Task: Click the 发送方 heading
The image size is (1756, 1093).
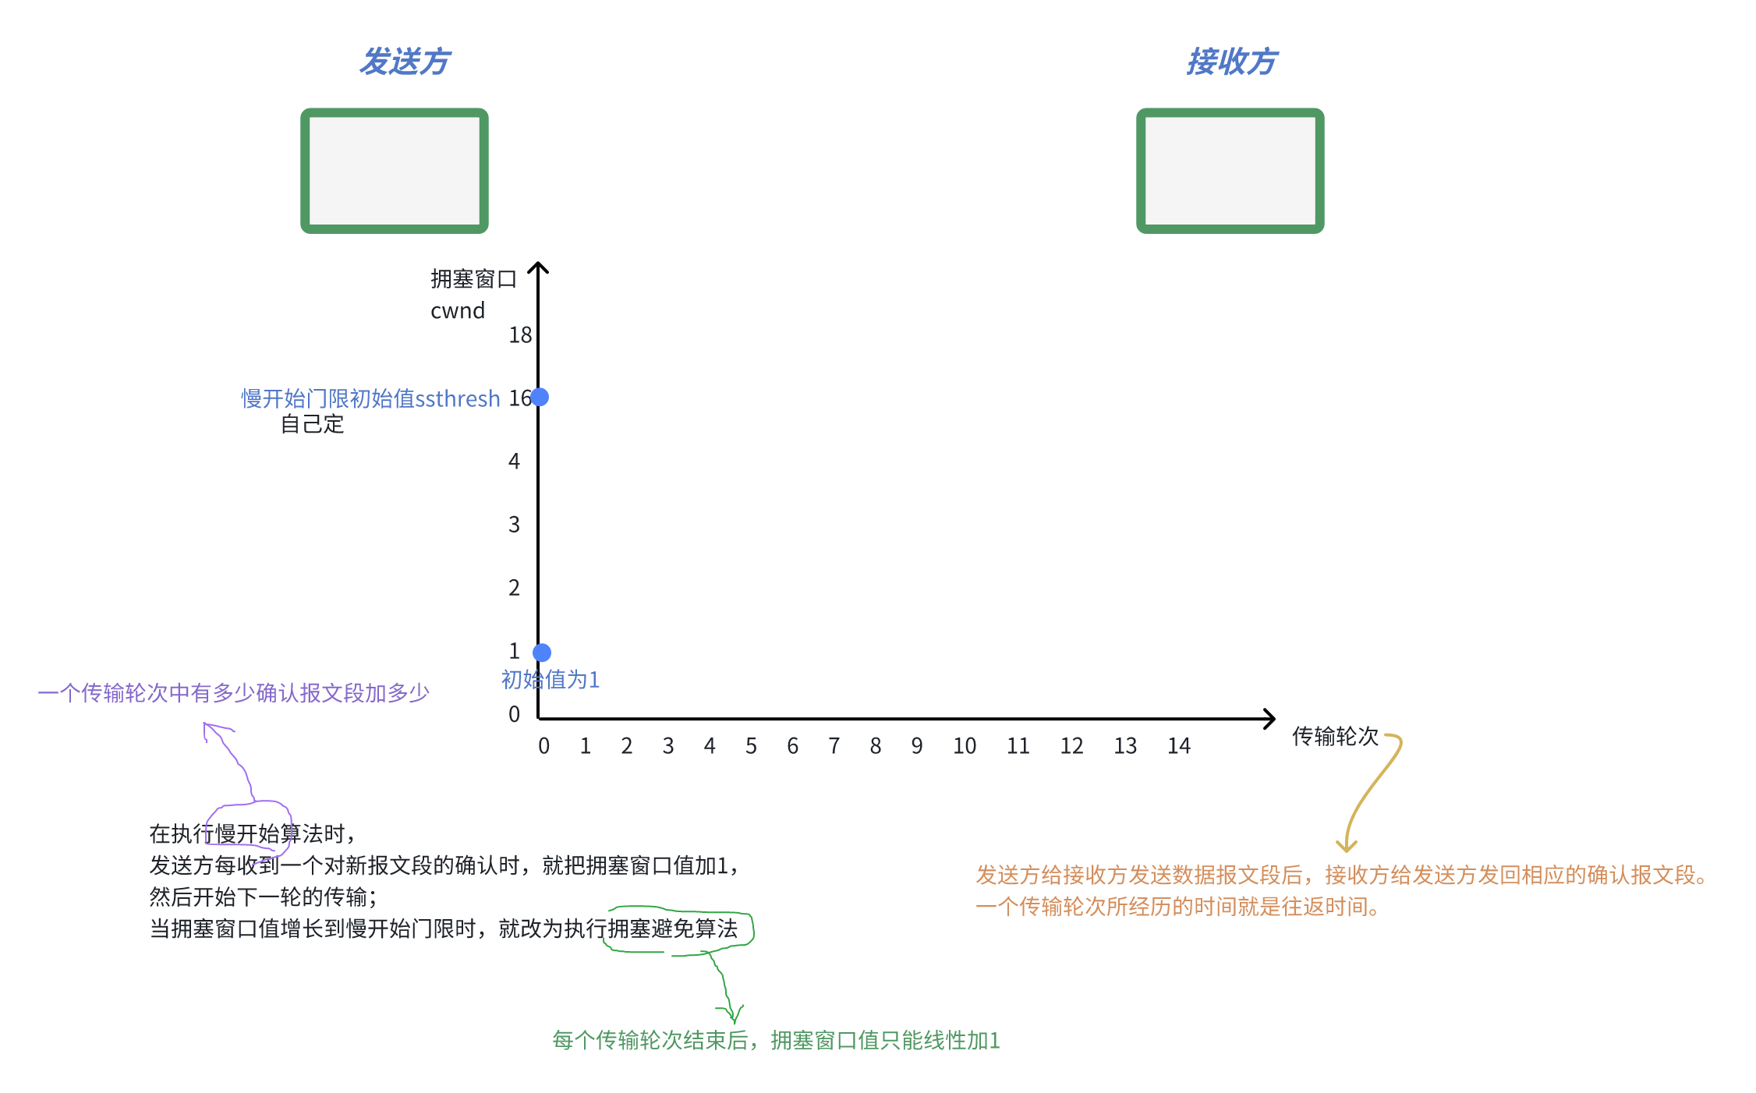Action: [x=405, y=62]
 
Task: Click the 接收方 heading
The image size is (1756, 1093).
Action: [x=1231, y=62]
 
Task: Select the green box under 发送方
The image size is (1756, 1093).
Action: [x=395, y=171]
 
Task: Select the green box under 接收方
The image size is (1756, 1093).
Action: [x=1230, y=171]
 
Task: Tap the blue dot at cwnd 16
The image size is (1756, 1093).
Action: [x=540, y=398]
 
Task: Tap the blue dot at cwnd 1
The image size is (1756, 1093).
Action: [x=542, y=653]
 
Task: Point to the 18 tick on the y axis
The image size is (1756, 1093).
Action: [x=520, y=335]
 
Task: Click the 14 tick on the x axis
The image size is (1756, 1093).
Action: [x=1178, y=747]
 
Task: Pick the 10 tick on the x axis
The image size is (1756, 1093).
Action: [x=964, y=747]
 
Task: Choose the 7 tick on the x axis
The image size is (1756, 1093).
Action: [x=834, y=747]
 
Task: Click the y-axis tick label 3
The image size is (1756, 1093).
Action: [x=514, y=525]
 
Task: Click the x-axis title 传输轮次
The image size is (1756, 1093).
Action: [x=1334, y=737]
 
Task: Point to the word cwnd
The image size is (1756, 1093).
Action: [x=458, y=311]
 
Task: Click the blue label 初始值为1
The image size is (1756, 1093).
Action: [x=551, y=680]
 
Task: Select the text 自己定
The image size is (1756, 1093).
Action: [x=312, y=424]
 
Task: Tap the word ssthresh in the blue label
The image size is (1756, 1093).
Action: [x=458, y=399]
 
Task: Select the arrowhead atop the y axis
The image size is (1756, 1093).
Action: [x=538, y=267]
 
